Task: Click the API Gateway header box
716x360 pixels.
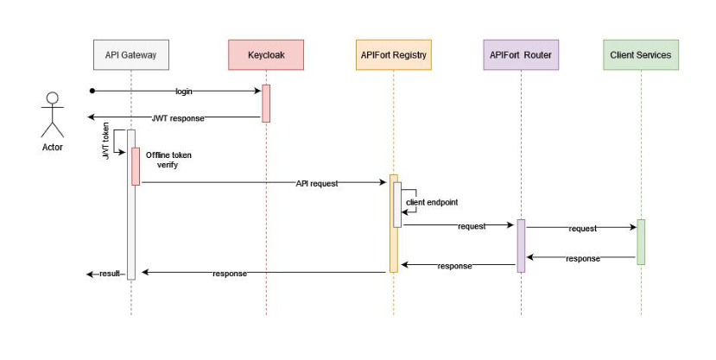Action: pos(130,55)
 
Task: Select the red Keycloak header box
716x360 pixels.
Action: pos(266,55)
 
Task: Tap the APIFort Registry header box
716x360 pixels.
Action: pos(393,55)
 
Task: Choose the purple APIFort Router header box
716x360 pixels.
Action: pos(521,55)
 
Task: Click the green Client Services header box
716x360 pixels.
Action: pos(640,55)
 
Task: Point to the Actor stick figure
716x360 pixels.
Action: pos(53,116)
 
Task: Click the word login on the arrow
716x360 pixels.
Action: pos(184,91)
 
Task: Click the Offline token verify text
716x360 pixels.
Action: pos(168,160)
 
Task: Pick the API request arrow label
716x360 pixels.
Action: pos(317,183)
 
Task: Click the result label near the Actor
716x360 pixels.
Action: pos(110,274)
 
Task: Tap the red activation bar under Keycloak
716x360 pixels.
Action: pos(266,103)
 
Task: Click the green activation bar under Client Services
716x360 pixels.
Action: pos(641,242)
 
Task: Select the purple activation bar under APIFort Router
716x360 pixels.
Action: pos(521,246)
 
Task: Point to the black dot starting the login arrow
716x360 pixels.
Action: pos(91,91)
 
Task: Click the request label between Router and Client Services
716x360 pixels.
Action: pos(582,229)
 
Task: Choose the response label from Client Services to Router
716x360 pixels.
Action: pos(583,258)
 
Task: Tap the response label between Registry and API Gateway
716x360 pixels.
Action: pos(230,274)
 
